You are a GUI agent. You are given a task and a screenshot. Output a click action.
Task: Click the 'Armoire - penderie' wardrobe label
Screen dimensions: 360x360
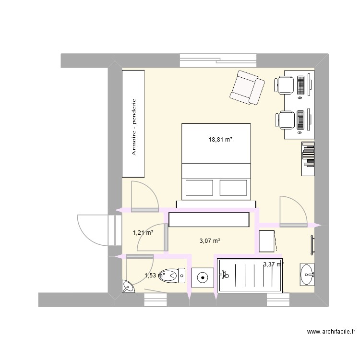coord(134,127)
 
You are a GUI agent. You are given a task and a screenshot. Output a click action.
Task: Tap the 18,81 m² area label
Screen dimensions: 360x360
coord(220,140)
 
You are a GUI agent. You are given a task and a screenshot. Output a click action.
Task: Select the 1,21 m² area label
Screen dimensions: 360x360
coord(143,233)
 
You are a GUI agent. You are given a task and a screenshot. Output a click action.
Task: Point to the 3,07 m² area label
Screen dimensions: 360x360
coord(210,241)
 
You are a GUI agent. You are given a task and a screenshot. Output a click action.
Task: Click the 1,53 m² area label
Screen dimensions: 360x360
coord(155,276)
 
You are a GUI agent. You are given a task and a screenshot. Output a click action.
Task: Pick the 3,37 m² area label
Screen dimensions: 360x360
coord(273,264)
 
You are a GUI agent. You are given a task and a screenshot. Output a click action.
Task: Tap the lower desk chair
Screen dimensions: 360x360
coord(286,120)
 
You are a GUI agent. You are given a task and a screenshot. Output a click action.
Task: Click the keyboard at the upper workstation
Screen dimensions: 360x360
coord(301,85)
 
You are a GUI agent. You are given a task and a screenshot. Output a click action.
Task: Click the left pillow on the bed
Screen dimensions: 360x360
coord(199,188)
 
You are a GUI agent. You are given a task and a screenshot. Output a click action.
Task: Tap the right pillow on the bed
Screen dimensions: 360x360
coord(233,188)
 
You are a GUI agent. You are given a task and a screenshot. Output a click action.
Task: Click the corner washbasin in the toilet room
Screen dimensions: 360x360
coord(128,287)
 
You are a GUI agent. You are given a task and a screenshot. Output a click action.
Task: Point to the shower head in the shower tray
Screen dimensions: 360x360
coord(225,275)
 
